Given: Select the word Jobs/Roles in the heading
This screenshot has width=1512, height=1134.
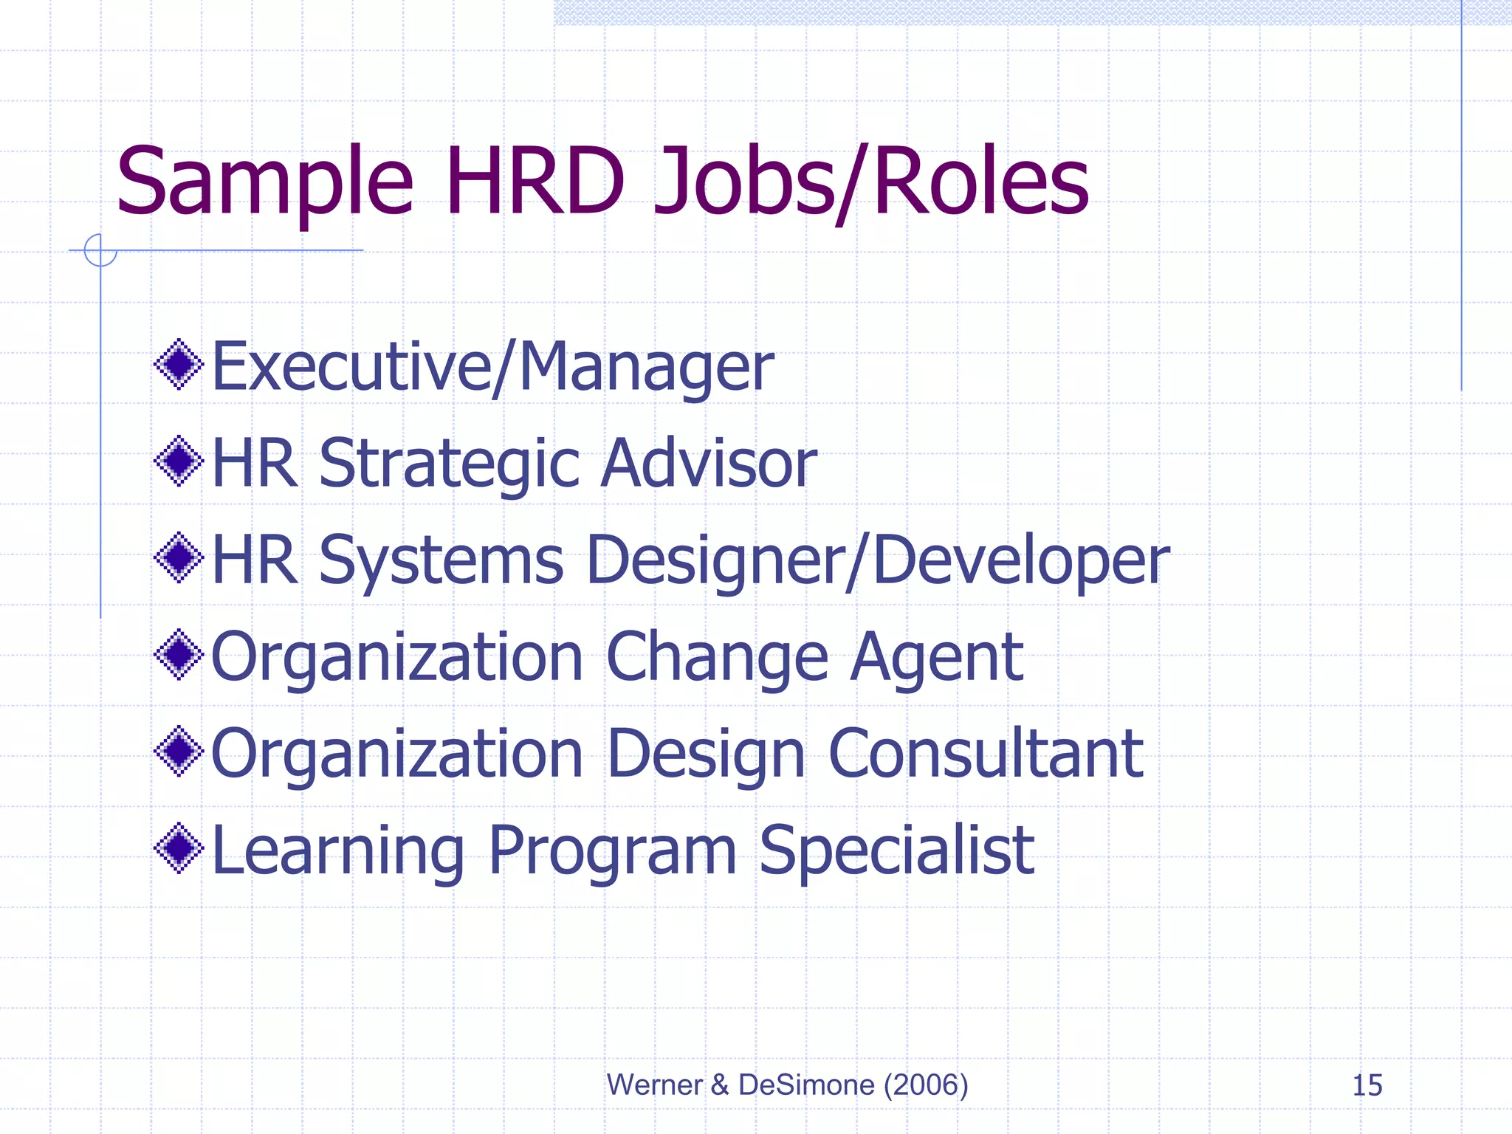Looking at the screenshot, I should pyautogui.click(x=871, y=182).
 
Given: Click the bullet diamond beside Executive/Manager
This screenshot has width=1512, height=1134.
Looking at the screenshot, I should pyautogui.click(x=179, y=364).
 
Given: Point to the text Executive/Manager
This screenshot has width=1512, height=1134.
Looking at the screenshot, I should pyautogui.click(x=492, y=367).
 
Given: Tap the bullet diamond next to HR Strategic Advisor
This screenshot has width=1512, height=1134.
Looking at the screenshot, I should pyautogui.click(x=179, y=461).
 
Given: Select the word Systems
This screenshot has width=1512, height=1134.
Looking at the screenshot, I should pyautogui.click(x=441, y=560).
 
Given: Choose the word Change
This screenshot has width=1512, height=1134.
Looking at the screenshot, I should pyautogui.click(x=718, y=657).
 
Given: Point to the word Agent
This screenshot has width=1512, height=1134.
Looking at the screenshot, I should pyautogui.click(x=936, y=657).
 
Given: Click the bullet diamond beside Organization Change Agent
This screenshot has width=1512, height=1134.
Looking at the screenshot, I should pyautogui.click(x=179, y=655).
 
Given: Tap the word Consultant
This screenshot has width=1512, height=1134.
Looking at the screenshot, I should pyautogui.click(x=986, y=754).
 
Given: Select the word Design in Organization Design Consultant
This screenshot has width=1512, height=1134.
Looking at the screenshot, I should pyautogui.click(x=706, y=754).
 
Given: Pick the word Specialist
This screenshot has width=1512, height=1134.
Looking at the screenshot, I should pyautogui.click(x=896, y=851).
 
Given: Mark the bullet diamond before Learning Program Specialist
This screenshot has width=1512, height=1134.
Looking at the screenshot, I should pyautogui.click(x=179, y=849).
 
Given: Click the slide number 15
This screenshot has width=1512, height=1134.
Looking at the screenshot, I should pyautogui.click(x=1367, y=1085).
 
